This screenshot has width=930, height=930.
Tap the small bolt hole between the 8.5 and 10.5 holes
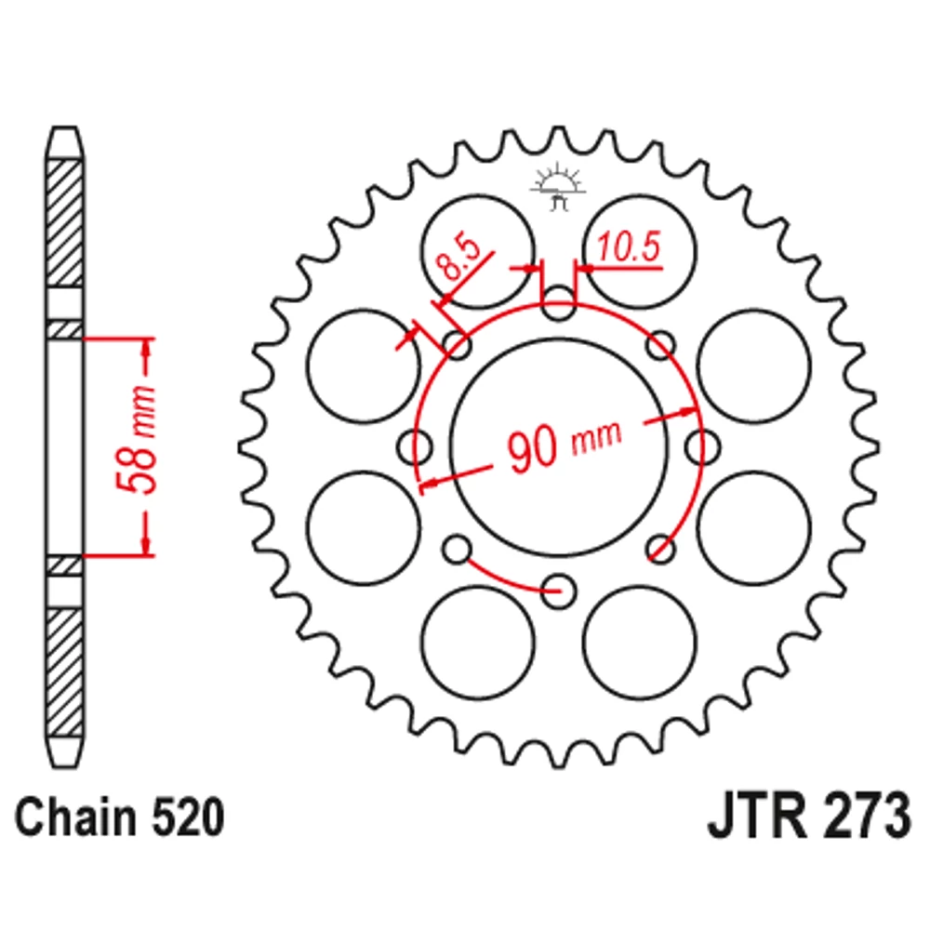(558, 303)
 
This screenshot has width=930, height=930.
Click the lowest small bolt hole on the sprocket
(558, 588)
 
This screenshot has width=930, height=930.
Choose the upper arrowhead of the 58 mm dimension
(146, 348)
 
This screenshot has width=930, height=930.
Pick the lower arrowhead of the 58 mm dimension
(146, 544)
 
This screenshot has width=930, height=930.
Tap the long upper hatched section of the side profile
(64, 222)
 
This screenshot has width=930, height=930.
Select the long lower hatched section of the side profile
(64, 671)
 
